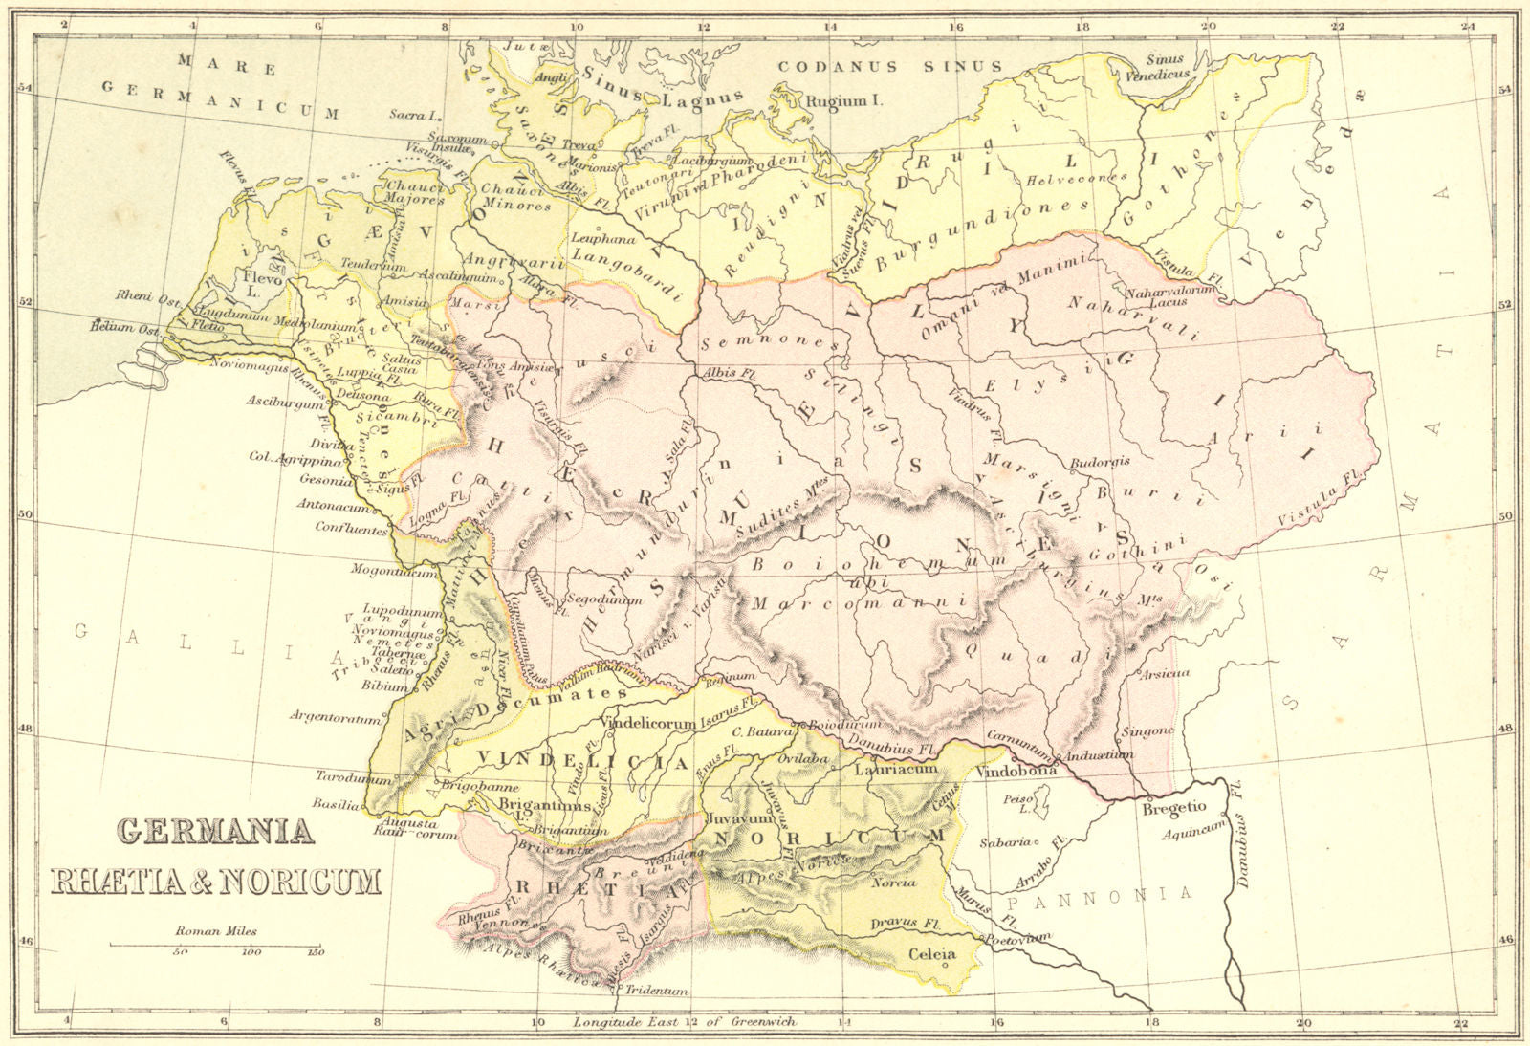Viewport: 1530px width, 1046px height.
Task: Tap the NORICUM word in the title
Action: [299, 880]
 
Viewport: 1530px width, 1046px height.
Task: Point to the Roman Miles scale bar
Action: [216, 944]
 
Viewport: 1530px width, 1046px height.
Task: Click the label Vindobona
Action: [1017, 770]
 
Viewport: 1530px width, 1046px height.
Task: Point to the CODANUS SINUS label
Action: [889, 66]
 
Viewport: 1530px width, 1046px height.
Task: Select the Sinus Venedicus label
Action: [1163, 65]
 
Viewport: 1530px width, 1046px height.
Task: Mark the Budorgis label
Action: [1099, 461]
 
